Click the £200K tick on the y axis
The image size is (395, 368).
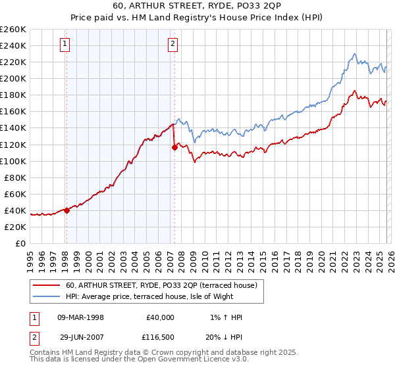(x=13, y=78)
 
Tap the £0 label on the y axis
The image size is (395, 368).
(x=20, y=243)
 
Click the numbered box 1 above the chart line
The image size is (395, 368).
(x=66, y=45)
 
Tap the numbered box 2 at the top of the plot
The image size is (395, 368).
(x=172, y=45)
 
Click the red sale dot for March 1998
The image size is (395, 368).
(x=66, y=210)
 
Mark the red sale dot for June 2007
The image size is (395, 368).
(x=174, y=148)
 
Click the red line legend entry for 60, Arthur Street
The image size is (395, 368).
(x=165, y=285)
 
